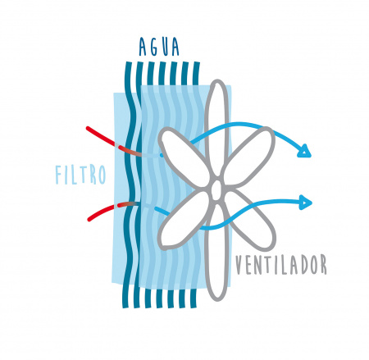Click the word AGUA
(159, 47)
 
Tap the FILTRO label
(80, 175)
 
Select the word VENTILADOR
(281, 265)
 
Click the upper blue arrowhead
(305, 152)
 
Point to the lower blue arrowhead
(306, 203)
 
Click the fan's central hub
(216, 189)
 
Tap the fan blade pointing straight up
(217, 130)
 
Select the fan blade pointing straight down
(216, 252)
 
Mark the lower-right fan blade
(250, 220)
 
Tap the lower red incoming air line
(112, 208)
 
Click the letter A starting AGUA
(143, 47)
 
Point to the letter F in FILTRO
(58, 175)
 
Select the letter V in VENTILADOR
(239, 265)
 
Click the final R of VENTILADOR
(322, 265)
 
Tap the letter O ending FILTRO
(102, 175)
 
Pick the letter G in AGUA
(154, 47)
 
